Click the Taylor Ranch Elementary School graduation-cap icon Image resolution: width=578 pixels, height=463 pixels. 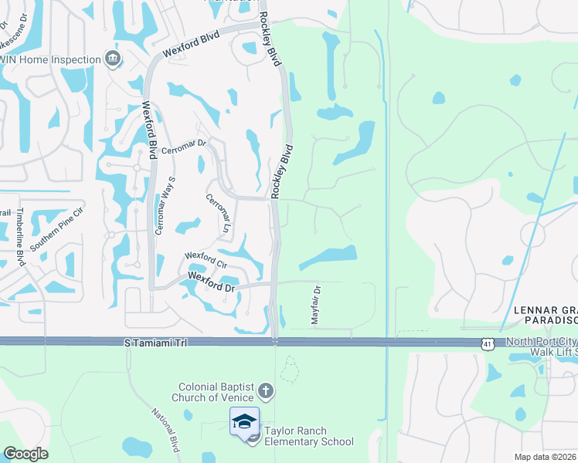pyautogui.click(x=244, y=421)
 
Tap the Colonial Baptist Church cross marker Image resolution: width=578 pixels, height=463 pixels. pyautogui.click(x=266, y=390)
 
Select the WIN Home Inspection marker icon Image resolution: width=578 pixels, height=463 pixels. pyautogui.click(x=113, y=59)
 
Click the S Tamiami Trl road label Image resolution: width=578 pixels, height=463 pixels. pyautogui.click(x=155, y=341)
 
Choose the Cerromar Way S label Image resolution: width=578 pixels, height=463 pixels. pyautogui.click(x=164, y=205)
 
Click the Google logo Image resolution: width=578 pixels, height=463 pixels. pyautogui.click(x=25, y=454)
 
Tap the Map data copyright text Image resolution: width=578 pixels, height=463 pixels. pyautogui.click(x=546, y=457)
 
